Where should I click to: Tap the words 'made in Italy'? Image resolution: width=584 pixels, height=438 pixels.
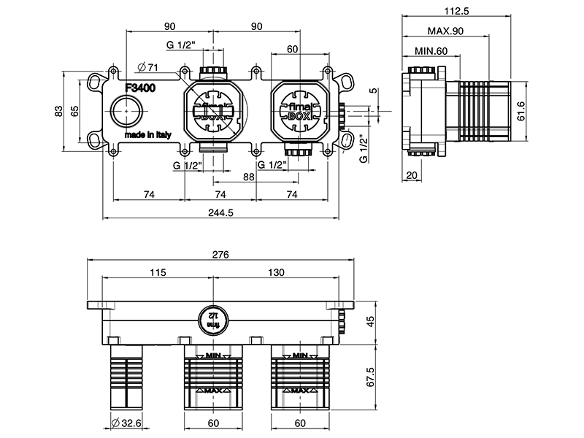[x=147, y=136]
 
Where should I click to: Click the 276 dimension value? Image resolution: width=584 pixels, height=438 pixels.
[x=220, y=255]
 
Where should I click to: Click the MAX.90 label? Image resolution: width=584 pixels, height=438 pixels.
[x=447, y=31]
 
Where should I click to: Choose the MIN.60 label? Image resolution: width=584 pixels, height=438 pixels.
[x=431, y=51]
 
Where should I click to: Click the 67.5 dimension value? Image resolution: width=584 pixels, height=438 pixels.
[x=370, y=377]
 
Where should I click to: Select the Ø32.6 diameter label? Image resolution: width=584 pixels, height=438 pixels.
[x=126, y=423]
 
